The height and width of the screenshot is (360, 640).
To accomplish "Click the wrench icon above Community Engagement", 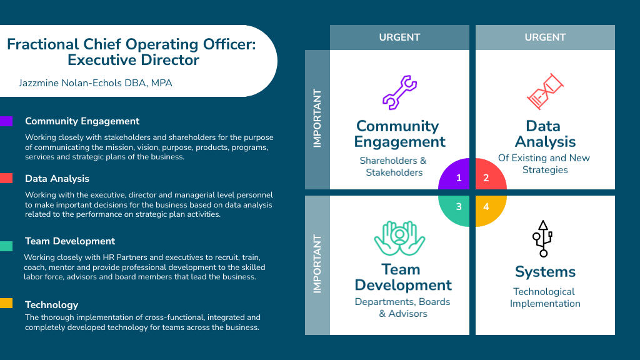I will [399, 92].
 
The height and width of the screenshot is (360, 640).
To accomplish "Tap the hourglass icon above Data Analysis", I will [545, 92].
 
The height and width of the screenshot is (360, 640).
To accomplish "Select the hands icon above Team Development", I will [399, 237].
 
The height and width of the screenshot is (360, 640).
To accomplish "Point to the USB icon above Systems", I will [542, 238].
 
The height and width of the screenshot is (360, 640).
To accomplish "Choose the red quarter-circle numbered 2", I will [488, 177].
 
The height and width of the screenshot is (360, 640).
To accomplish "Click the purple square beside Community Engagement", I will [6, 121].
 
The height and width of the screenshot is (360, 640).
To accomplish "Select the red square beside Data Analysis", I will [6, 179].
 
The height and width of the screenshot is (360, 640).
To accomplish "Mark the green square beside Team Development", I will [6, 246].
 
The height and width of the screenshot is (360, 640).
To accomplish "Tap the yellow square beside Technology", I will [6, 304].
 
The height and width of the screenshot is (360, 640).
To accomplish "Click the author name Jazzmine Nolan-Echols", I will [96, 82].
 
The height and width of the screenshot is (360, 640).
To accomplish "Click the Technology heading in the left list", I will [51, 305].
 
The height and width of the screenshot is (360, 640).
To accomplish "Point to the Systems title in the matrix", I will [545, 272].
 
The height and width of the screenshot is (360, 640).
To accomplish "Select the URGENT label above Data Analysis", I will [545, 37].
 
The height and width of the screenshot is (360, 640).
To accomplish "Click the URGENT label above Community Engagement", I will [399, 37].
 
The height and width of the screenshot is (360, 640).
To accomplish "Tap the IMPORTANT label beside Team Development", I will [317, 264].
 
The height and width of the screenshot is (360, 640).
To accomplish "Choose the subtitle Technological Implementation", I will [545, 297].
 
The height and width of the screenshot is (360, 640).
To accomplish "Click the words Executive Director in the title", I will [133, 61].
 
